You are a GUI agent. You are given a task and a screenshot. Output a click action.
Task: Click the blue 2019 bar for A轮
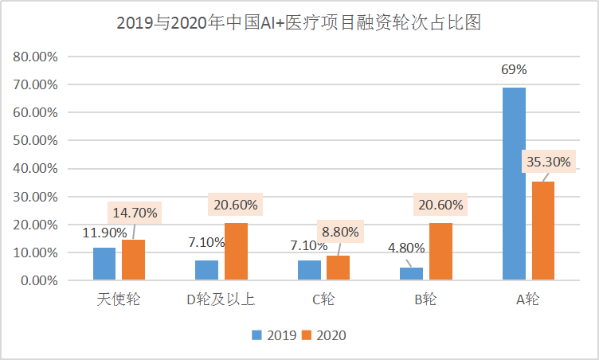point(514,184)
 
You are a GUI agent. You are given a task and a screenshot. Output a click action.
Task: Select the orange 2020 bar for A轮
point(542,231)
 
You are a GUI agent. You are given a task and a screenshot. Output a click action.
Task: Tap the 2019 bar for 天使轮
point(104,264)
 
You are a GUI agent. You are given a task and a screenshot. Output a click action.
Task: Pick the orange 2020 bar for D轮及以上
point(236,252)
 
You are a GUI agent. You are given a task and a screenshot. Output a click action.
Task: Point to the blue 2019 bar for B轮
point(411,274)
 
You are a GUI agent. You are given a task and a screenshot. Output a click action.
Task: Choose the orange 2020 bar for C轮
point(338,268)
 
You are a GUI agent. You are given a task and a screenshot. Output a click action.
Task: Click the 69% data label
point(514,69)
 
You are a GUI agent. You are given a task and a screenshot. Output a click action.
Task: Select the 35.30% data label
point(549,162)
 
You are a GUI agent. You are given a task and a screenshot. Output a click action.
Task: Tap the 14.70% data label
point(135,213)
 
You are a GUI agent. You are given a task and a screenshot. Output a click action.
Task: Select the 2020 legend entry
point(324,335)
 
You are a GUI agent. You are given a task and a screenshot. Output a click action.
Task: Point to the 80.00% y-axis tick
point(34,57)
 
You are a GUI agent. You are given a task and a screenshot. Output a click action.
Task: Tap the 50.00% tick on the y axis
point(34,141)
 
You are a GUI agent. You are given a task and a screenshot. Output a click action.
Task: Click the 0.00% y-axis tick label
point(37,281)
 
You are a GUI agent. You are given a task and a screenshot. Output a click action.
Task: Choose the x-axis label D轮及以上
point(221,300)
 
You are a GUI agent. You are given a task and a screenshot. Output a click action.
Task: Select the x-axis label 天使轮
point(119,300)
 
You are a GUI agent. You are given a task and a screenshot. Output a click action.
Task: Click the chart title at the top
point(299,23)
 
